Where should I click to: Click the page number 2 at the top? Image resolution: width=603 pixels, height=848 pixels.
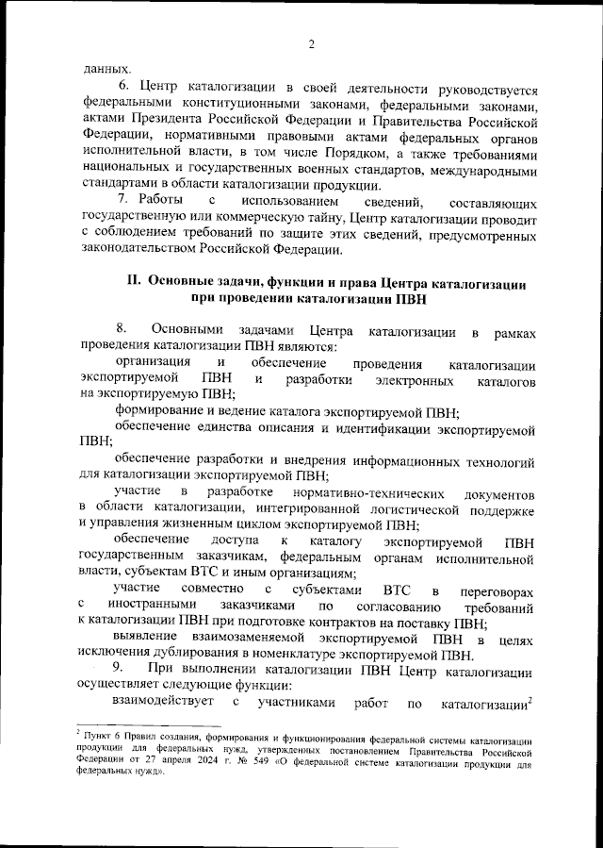[x=310, y=43]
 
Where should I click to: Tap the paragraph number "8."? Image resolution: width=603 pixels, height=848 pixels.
[x=122, y=330]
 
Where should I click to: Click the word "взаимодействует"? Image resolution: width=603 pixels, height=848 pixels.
[x=156, y=704]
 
